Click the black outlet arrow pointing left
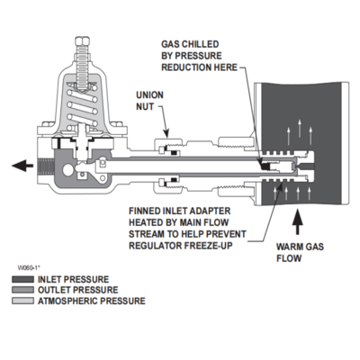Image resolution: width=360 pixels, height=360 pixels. tap(22, 166)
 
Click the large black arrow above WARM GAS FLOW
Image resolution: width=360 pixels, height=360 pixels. tap(298, 222)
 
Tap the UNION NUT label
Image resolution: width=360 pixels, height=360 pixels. tap(149, 101)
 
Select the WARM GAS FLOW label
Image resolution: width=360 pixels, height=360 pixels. tap(300, 253)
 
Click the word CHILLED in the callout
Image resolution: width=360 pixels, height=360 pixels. tap(201, 44)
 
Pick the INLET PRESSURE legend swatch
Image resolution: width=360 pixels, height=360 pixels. tap(22, 280)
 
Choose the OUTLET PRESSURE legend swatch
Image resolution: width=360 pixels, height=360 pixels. tap(22, 290)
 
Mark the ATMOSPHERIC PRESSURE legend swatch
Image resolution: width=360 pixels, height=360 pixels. tap(22, 301)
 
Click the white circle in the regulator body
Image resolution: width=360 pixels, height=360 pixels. tap(68, 170)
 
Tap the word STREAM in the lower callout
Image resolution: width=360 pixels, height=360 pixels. tap(148, 234)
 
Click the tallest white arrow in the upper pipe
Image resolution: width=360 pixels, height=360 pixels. tap(299, 128)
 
